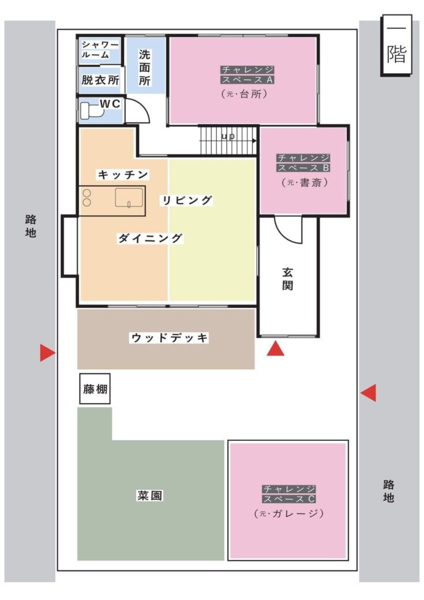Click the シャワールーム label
click(100, 50)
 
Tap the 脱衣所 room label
click(100, 80)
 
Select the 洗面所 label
click(145, 67)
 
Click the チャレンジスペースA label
click(247, 74)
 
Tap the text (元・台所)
click(244, 93)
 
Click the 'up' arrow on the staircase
click(228, 141)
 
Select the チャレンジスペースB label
click(303, 163)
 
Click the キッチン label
click(123, 175)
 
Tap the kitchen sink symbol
click(129, 198)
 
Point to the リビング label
click(186, 200)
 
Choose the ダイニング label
click(150, 238)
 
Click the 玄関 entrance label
click(288, 279)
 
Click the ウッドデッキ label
click(170, 338)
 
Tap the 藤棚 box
click(95, 389)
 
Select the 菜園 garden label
click(149, 496)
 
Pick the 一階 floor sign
click(396, 45)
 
